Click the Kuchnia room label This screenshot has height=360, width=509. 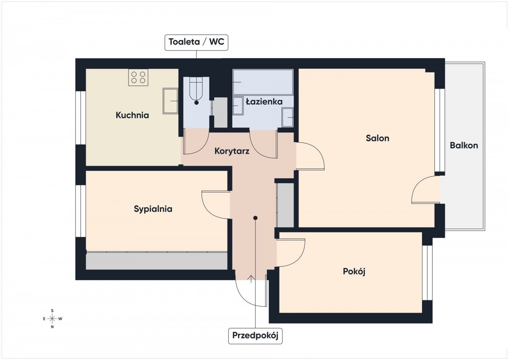[132, 115]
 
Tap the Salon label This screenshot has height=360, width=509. [378, 138]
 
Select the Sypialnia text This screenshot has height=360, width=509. [153, 209]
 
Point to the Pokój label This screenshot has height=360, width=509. [354, 271]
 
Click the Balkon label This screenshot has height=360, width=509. [464, 145]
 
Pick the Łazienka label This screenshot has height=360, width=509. [264, 101]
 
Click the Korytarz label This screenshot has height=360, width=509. [232, 151]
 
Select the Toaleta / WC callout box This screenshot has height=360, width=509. [196, 42]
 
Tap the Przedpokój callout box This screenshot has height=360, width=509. [255, 336]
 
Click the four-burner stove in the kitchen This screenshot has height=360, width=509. [138, 78]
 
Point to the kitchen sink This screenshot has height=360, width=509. [171, 101]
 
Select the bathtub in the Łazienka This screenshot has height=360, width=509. [263, 82]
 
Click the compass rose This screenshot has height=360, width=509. [52, 319]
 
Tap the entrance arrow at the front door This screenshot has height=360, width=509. [251, 279]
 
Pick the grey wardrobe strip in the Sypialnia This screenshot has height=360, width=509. [157, 261]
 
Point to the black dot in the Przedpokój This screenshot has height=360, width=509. [255, 218]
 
